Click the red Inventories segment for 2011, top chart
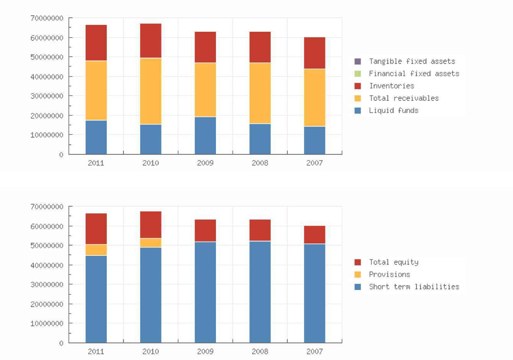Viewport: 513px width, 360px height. coord(96,43)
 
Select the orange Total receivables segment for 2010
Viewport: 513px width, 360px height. coord(151,91)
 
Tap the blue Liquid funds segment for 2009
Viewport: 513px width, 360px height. coord(205,136)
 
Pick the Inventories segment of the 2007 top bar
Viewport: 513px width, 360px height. coord(315,53)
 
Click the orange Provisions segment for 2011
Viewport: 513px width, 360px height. coord(96,250)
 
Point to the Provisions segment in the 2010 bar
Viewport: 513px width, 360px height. coord(151,243)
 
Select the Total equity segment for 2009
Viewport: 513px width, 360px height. coord(205,231)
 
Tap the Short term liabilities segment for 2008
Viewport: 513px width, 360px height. coord(260,292)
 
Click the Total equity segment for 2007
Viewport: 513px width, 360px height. coord(315,235)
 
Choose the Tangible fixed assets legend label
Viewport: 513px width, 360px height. coord(412,61)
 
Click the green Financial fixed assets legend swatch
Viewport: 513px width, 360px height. coord(358,74)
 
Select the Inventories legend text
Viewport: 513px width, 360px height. coord(392,86)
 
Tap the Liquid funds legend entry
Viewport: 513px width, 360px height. coord(394,110)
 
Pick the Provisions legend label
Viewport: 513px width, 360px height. coord(389,274)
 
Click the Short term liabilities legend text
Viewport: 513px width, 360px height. coord(414,286)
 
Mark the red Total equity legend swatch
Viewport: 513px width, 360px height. coord(358,262)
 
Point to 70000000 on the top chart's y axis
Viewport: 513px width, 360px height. coord(47,18)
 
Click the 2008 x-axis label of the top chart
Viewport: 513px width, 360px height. coord(260,163)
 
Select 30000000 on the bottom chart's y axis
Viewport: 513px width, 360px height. coord(47,285)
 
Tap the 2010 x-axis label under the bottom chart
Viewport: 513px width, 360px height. coord(151,351)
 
